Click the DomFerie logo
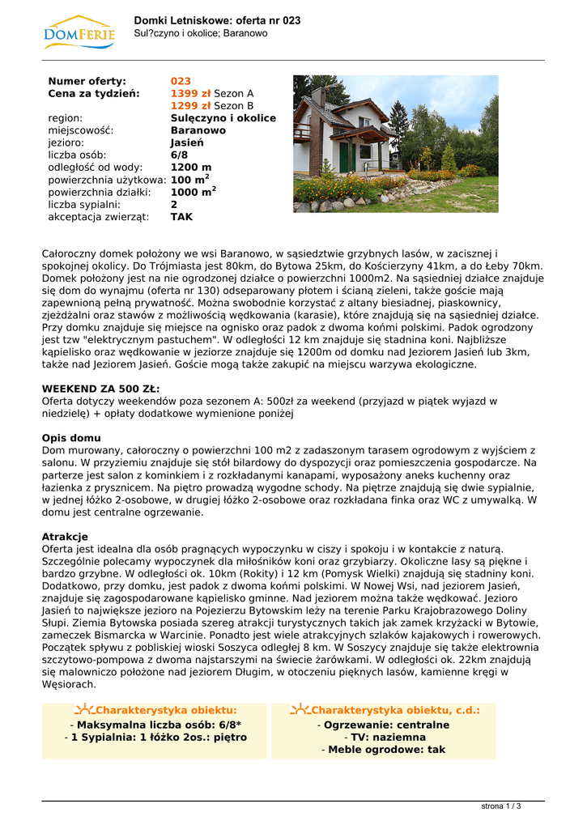(78, 32)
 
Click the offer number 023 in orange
(181, 81)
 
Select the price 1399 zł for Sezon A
(190, 93)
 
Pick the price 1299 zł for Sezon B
(190, 105)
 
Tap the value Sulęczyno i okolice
(223, 117)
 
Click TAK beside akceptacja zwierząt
(181, 217)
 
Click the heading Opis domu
(71, 438)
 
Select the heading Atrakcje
(65, 537)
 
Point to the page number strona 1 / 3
(501, 806)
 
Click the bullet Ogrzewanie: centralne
(385, 725)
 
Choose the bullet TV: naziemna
(385, 738)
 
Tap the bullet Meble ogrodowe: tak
(385, 750)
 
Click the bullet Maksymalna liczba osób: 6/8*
(155, 725)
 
